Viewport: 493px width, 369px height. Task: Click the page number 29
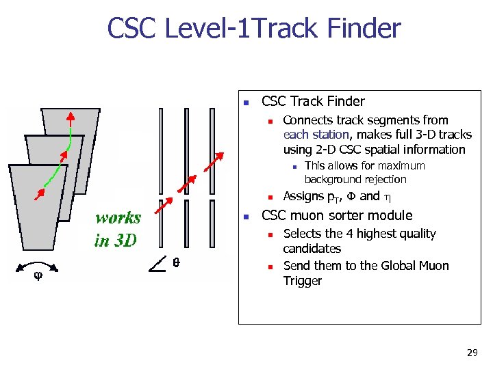click(471, 353)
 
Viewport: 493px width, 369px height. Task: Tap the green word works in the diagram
click(118, 219)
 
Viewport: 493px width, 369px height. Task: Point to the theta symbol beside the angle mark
click(176, 262)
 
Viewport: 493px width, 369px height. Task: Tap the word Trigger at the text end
click(302, 281)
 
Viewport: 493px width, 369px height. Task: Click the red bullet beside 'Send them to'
click(270, 266)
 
